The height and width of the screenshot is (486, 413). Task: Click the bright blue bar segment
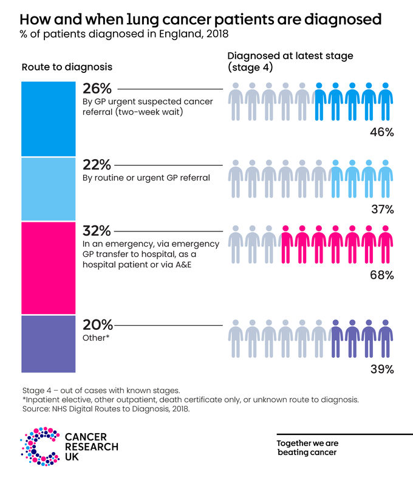tap(49, 119)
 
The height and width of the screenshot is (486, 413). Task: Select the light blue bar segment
tap(49, 189)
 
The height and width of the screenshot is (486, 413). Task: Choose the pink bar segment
tap(49, 268)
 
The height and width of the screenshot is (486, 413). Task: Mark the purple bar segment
tap(49, 343)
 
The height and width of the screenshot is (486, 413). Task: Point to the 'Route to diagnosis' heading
tap(67, 66)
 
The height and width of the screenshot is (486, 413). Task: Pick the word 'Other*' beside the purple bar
tap(95, 337)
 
